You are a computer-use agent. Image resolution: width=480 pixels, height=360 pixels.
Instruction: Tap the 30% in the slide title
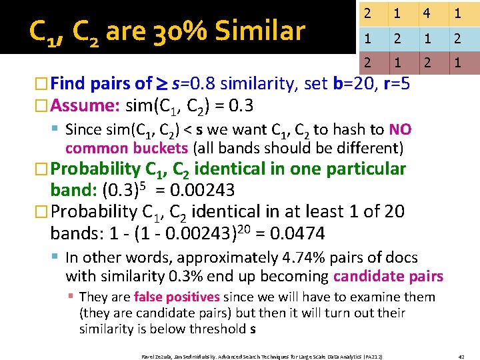point(176,31)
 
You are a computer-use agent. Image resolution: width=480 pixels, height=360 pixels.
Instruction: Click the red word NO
point(401,130)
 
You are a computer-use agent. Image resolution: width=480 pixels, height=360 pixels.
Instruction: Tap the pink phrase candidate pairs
point(388,276)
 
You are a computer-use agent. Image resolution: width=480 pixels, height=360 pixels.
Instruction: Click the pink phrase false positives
point(177,297)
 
